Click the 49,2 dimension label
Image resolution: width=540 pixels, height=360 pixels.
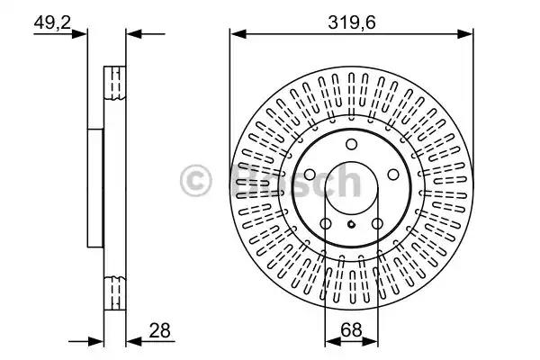pyautogui.click(x=52, y=22)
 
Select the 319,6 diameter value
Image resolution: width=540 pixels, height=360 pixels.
pyautogui.click(x=351, y=22)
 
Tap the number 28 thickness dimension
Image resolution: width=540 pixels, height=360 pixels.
pyautogui.click(x=159, y=330)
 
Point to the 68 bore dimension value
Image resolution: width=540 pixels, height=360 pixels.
pyautogui.click(x=351, y=329)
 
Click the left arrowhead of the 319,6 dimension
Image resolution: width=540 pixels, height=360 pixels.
pyautogui.click(x=238, y=34)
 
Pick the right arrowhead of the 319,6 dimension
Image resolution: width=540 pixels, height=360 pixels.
pyautogui.click(x=465, y=34)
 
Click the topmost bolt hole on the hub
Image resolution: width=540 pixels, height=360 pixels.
pyautogui.click(x=351, y=144)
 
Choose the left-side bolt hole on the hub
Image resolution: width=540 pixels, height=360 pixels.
pyautogui.click(x=310, y=175)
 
